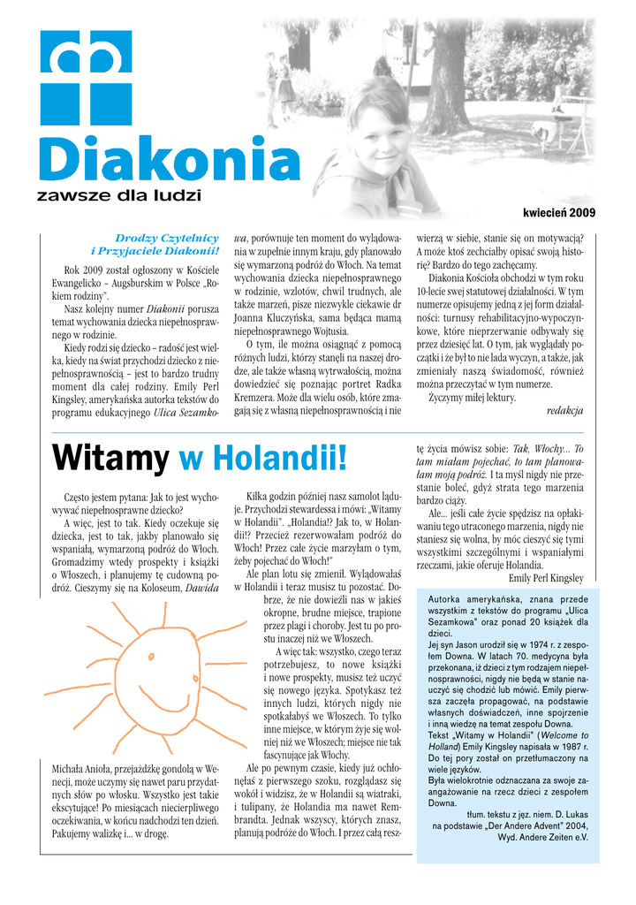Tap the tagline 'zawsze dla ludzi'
pos(118,194)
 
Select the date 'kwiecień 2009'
pos(559,213)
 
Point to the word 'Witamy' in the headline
pos(110,459)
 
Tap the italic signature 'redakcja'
pos(564,410)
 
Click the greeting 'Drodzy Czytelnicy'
pos(167,238)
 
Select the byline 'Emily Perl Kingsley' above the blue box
pos(546,578)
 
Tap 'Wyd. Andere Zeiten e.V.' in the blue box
pos(542,837)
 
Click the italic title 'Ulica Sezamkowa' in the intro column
pos(185,413)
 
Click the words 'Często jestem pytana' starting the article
pos(105,498)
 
